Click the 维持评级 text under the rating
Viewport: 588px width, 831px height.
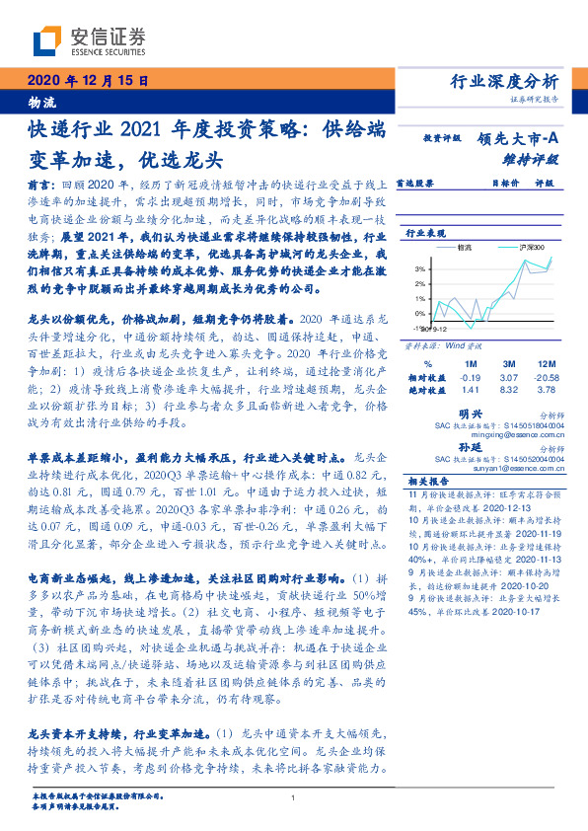click(x=531, y=158)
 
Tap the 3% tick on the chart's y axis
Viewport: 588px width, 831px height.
click(x=419, y=268)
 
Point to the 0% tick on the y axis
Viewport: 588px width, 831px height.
click(x=419, y=314)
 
